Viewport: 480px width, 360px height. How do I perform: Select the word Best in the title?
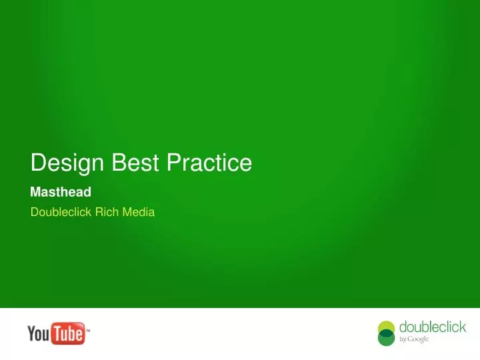(129, 163)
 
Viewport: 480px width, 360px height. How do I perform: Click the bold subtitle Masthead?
(61, 193)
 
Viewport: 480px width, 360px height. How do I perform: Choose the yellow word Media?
(138, 213)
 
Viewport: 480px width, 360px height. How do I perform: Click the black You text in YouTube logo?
(39, 333)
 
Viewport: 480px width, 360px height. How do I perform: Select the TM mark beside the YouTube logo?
(89, 330)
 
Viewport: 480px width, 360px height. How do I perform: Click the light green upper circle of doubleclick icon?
(387, 327)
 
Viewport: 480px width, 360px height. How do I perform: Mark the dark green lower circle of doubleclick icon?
(387, 339)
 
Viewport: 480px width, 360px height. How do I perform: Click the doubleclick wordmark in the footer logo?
(433, 327)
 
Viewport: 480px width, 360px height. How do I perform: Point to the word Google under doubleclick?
(419, 339)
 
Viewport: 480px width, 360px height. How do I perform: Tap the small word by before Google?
(403, 339)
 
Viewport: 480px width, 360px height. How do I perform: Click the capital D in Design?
(38, 163)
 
